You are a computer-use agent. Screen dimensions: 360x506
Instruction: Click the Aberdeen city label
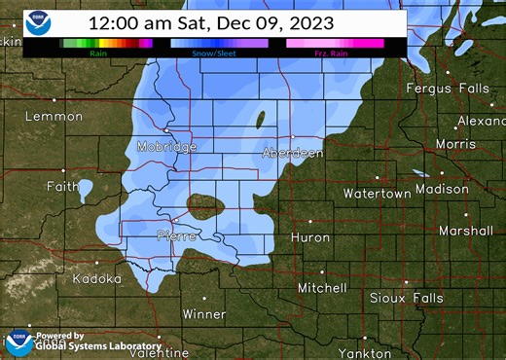click(292, 154)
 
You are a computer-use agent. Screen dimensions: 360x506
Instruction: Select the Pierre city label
click(176, 236)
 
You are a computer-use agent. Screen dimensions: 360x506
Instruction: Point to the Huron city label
click(310, 237)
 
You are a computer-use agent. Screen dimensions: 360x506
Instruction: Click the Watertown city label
click(377, 194)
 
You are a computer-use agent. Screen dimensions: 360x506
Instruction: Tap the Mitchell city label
click(321, 288)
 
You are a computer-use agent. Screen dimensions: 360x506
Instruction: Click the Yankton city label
click(366, 352)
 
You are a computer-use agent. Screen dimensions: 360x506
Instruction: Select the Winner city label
click(203, 314)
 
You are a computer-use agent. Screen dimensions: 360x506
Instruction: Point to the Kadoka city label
click(95, 278)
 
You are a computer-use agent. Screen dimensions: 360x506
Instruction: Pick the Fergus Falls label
click(448, 89)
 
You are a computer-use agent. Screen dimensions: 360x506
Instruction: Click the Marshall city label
click(465, 231)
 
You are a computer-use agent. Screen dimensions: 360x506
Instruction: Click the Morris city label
click(455, 143)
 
